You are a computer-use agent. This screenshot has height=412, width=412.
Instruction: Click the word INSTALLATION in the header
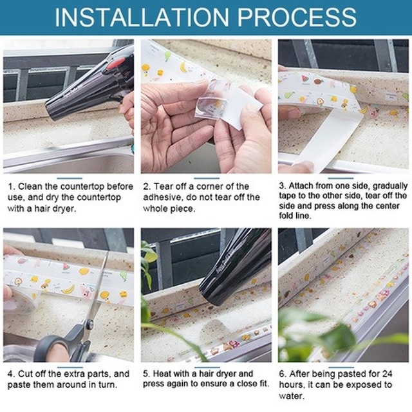tap(142, 17)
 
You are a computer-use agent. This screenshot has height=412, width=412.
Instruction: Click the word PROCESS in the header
tap(297, 17)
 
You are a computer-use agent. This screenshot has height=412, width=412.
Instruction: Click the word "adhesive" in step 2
tap(161, 198)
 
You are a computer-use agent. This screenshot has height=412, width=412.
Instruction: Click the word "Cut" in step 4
tap(26, 373)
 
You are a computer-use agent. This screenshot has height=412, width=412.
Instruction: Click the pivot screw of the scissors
tap(89, 324)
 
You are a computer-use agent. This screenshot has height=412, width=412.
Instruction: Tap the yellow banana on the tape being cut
tap(68, 289)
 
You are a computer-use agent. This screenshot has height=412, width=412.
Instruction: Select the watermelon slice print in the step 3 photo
tap(304, 79)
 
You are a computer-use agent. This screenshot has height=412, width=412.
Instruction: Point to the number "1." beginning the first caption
tap(12, 187)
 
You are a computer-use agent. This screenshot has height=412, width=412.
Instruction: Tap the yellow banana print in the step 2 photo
tap(183, 67)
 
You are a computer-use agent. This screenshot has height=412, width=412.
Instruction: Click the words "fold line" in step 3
tap(295, 216)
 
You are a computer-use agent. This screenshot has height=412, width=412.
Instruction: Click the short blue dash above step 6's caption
tap(341, 368)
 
